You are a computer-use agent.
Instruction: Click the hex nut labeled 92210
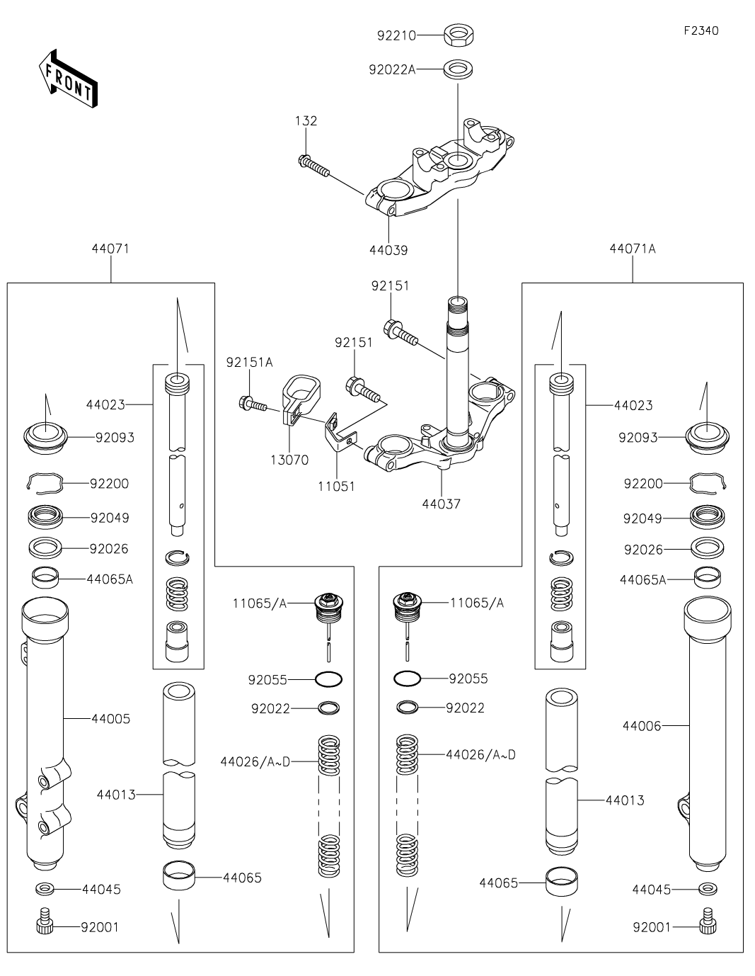pyautogui.click(x=459, y=35)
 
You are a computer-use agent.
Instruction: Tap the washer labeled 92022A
pyautogui.click(x=458, y=69)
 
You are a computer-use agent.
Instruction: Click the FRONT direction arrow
pyautogui.click(x=68, y=79)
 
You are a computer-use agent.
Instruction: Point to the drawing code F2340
pyautogui.click(x=701, y=30)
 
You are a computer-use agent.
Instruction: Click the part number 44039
pyautogui.click(x=388, y=250)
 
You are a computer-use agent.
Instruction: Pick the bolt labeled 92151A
pyautogui.click(x=253, y=402)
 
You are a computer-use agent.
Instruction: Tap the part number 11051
pyautogui.click(x=336, y=487)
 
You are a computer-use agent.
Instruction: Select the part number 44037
pyautogui.click(x=441, y=504)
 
